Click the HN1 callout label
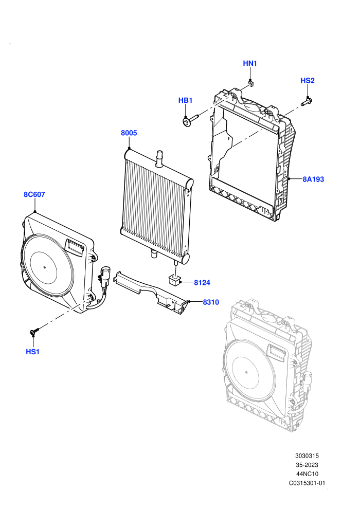250,63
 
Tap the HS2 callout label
308,81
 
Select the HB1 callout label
185,100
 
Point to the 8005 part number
129,133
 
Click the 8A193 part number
313,179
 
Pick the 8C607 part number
34,194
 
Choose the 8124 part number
202,283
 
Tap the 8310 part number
211,302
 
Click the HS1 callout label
32,352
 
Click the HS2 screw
307,102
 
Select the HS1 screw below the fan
34,331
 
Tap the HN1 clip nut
250,83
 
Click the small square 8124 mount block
174,279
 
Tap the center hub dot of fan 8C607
45,267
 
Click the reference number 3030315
307,456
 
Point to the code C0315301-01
307,483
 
